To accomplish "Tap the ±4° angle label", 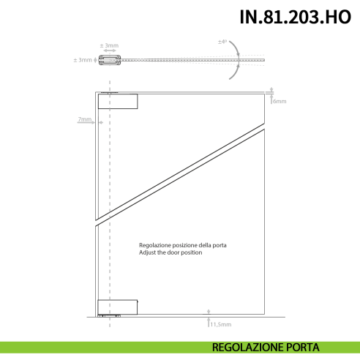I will [x=222, y=42].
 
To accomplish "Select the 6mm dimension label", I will [x=279, y=100].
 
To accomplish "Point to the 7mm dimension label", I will [x=85, y=119].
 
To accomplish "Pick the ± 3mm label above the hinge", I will [x=110, y=45].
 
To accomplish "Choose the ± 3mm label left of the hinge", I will [x=83, y=60].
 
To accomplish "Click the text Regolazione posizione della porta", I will [x=182, y=244].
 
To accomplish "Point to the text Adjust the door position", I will [x=170, y=252].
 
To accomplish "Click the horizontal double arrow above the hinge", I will [x=110, y=51].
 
